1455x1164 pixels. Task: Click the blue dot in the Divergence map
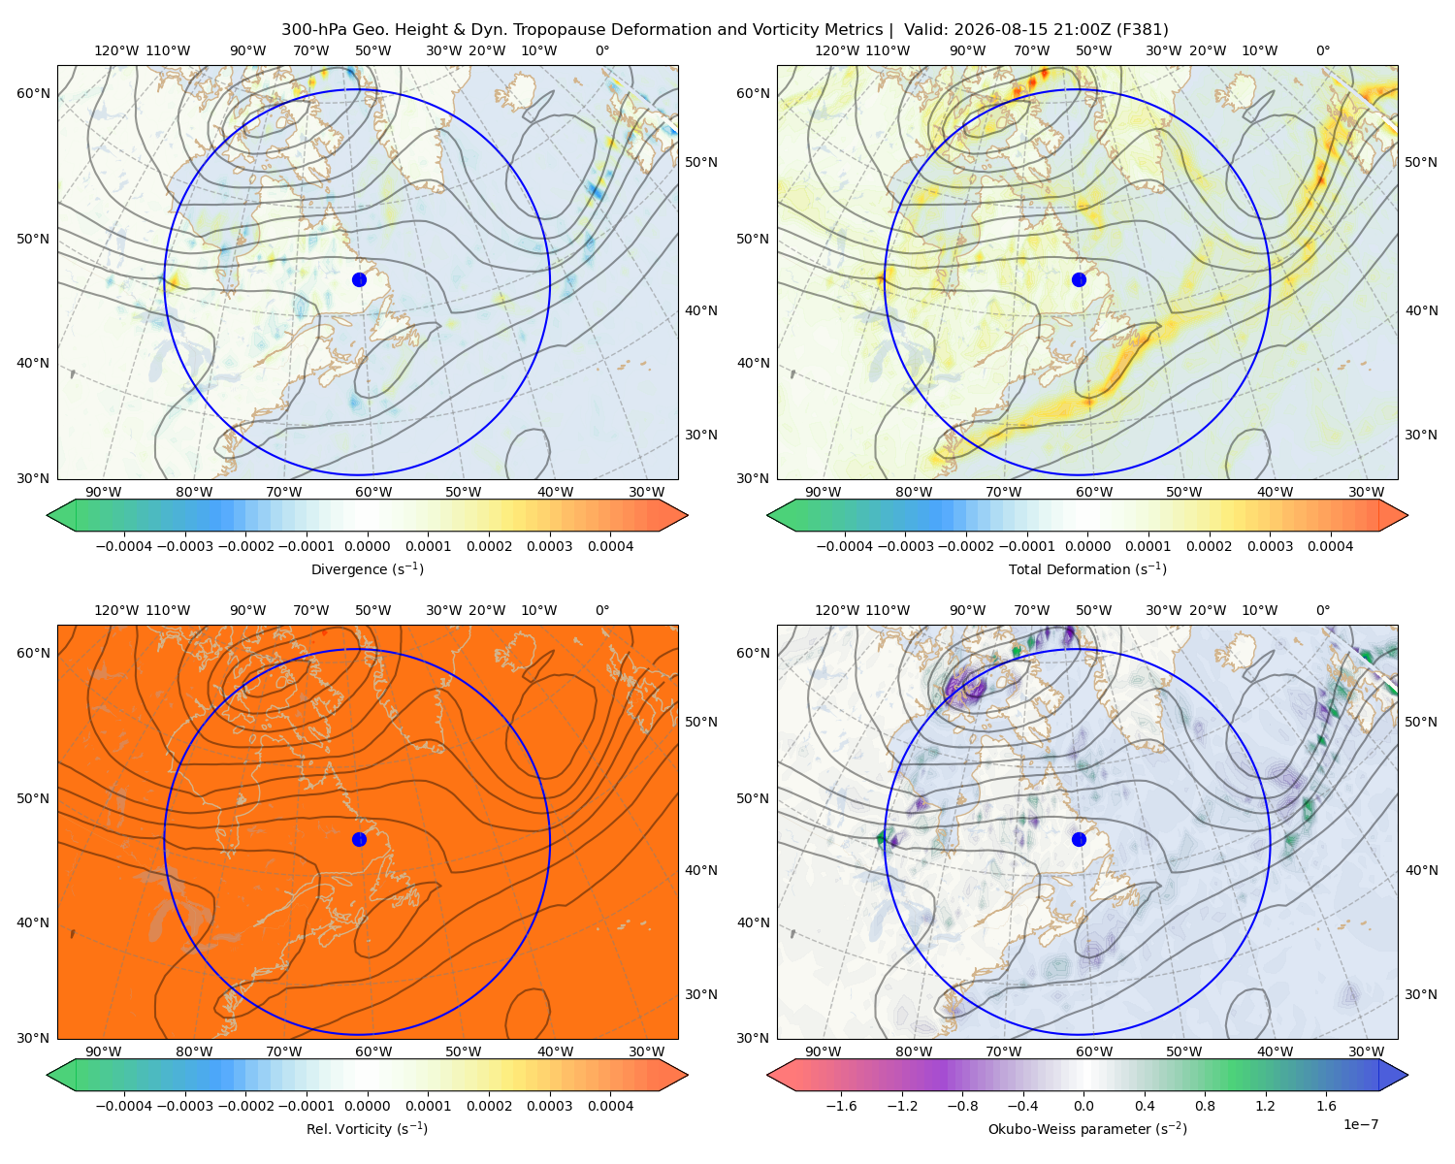tap(359, 279)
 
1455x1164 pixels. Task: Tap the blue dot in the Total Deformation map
tap(1079, 279)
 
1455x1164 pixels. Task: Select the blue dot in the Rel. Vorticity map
tap(359, 839)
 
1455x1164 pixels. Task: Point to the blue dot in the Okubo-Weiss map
tap(1079, 839)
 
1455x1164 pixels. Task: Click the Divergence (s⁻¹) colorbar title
tap(367, 568)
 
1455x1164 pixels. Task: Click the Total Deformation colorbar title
tap(1087, 568)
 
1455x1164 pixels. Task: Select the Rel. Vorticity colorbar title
tap(367, 1129)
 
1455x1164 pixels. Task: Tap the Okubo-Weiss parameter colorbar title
tap(1087, 1129)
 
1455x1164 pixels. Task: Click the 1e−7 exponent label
tap(1360, 1124)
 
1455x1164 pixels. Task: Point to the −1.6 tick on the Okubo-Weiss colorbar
tap(841, 1106)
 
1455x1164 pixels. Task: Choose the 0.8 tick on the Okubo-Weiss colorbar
tap(1205, 1106)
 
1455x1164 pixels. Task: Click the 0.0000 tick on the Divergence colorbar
tap(367, 546)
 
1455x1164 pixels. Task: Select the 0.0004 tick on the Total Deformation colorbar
tap(1330, 546)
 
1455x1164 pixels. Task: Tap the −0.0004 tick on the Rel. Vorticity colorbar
tap(124, 1106)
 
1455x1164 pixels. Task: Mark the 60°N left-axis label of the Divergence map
tap(33, 93)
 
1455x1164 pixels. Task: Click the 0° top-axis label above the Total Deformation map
tap(1322, 50)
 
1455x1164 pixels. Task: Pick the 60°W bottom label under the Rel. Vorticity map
tap(373, 1051)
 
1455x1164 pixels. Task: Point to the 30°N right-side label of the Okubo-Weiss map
tap(1421, 994)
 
